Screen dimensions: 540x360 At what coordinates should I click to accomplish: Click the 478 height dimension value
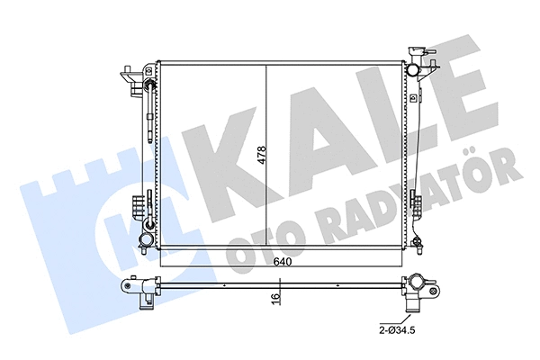[262, 155]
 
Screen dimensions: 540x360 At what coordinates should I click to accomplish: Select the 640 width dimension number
[283, 262]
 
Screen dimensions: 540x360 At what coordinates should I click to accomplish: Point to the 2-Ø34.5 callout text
[397, 330]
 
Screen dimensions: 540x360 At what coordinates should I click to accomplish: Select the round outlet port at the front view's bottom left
[146, 238]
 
